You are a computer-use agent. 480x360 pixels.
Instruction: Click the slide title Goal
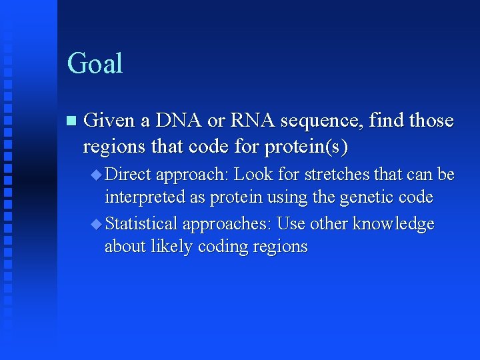pyautogui.click(x=95, y=64)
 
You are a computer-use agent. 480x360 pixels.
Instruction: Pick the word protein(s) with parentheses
pyautogui.click(x=307, y=146)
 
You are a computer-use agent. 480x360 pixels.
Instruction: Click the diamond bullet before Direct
pyautogui.click(x=96, y=175)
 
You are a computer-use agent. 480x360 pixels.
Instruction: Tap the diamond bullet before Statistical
pyautogui.click(x=96, y=224)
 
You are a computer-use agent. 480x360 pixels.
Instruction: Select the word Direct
pyautogui.click(x=129, y=175)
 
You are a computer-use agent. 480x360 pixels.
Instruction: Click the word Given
pyautogui.click(x=109, y=121)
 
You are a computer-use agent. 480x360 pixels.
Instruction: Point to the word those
pyautogui.click(x=431, y=121)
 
